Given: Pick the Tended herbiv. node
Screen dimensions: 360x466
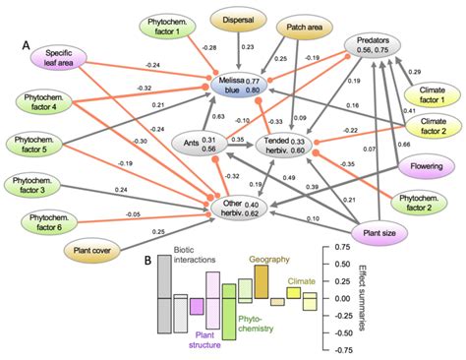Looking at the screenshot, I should (x=288, y=145).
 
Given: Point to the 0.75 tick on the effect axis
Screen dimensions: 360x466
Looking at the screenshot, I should (x=343, y=246).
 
